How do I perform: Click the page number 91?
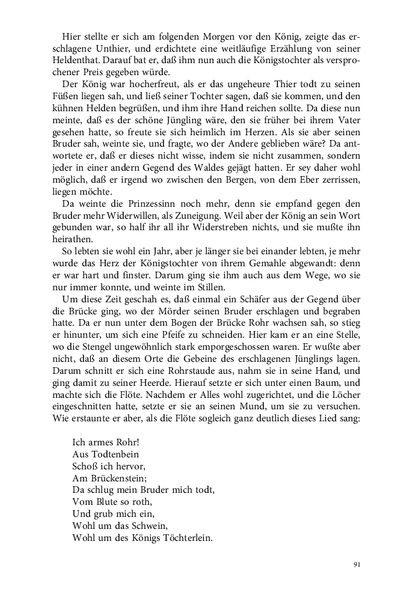[x=357, y=564]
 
